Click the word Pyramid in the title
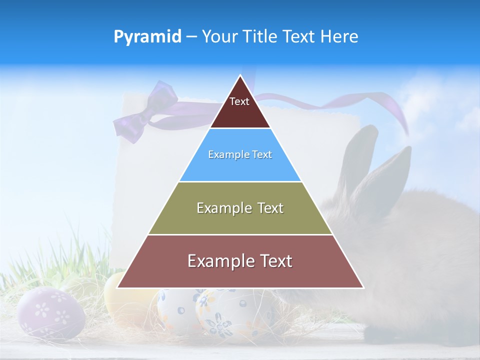147,36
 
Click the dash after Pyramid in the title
191,37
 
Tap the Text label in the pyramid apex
239,101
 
